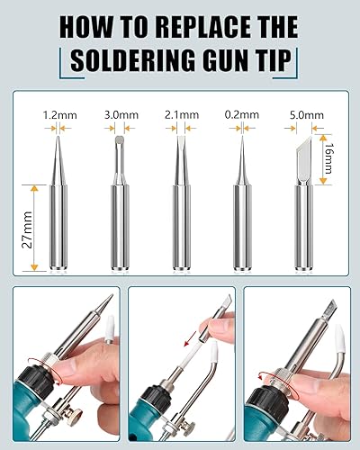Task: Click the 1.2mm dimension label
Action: pyautogui.click(x=58, y=114)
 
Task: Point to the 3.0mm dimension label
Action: pyautogui.click(x=121, y=114)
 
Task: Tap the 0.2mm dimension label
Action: pyautogui.click(x=241, y=114)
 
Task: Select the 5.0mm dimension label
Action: pyautogui.click(x=303, y=114)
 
